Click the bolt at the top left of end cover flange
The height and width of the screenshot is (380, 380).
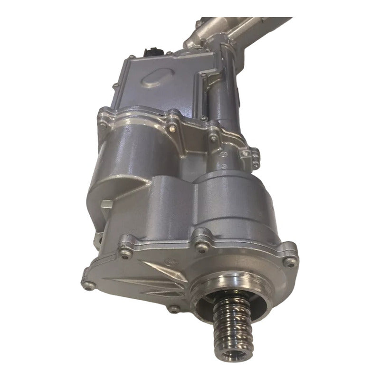(124, 240)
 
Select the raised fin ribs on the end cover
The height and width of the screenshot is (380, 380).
(138, 280)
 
